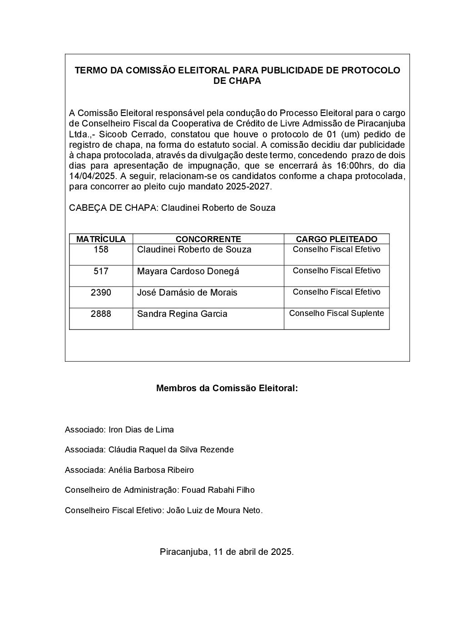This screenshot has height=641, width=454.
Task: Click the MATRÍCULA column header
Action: tap(101, 239)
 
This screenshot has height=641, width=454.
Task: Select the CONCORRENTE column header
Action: tap(208, 239)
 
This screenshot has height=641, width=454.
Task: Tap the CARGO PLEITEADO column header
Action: tap(336, 239)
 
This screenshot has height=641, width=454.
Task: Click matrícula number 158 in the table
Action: tap(101, 249)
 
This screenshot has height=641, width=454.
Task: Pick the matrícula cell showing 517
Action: tap(101, 271)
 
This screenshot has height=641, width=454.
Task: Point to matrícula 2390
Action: tap(101, 292)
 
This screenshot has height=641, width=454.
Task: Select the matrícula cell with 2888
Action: tap(101, 314)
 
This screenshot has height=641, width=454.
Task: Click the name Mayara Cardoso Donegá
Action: tap(188, 271)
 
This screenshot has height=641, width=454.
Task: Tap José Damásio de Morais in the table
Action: tap(187, 292)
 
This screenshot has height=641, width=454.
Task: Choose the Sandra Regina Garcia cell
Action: tap(182, 314)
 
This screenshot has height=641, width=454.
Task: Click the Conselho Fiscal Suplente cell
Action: tap(336, 313)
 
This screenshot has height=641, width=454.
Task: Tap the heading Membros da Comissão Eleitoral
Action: tap(227, 388)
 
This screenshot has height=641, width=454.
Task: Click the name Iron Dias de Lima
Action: tap(141, 429)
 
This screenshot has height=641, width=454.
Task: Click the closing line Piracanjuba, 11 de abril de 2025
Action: tap(227, 552)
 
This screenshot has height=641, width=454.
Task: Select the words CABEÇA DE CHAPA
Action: tap(113, 208)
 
